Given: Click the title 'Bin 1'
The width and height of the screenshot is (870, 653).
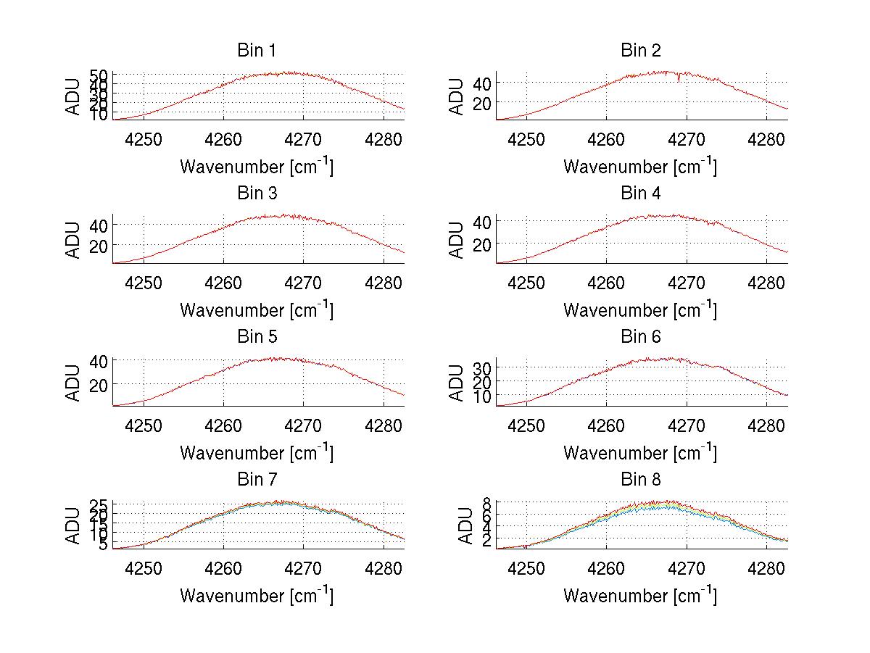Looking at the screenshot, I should click(257, 51).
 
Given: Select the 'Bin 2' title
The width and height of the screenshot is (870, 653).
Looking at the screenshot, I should click(641, 51).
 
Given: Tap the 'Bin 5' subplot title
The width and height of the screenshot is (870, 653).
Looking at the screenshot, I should click(257, 337).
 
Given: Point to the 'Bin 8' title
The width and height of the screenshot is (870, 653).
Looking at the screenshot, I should click(641, 480).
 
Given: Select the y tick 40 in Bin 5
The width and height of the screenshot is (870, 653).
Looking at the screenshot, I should click(99, 360).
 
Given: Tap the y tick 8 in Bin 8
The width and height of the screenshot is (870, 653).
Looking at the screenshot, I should click(487, 502).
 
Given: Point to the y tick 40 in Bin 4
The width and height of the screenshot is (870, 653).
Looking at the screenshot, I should click(481, 220).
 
